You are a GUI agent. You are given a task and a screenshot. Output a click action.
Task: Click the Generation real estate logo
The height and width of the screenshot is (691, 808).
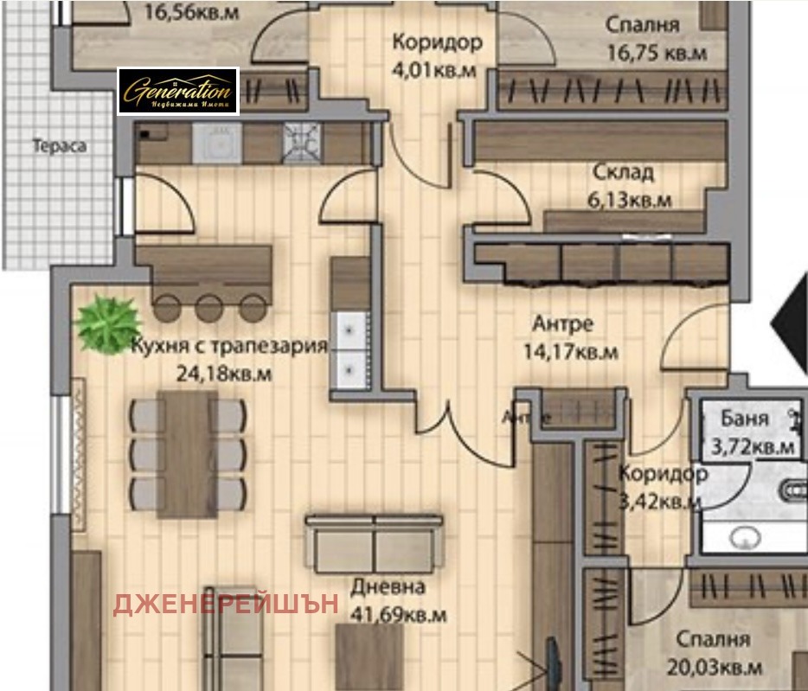pyautogui.click(x=177, y=91)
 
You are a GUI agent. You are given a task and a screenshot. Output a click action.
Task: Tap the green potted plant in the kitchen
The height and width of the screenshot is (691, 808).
pyautogui.click(x=107, y=323)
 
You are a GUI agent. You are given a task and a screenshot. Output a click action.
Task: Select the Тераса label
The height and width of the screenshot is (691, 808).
pyautogui.click(x=60, y=146)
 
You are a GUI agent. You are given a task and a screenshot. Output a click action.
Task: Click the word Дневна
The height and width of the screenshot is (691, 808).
pyautogui.click(x=388, y=587)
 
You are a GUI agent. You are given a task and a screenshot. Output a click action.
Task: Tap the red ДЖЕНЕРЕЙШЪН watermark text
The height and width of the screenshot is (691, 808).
pyautogui.click(x=226, y=604)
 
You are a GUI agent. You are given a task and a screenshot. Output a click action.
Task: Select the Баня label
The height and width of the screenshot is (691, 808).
pyautogui.click(x=744, y=419)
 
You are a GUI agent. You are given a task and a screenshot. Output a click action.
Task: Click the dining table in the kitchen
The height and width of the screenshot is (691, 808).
pyautogui.click(x=187, y=454)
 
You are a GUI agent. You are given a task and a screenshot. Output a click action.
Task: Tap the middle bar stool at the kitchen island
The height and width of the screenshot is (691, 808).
pyautogui.click(x=208, y=307)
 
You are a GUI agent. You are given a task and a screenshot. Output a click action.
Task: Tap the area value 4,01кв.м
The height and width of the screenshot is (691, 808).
pyautogui.click(x=433, y=70)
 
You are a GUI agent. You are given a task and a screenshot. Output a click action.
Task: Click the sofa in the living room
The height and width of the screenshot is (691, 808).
pyautogui.click(x=374, y=545)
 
